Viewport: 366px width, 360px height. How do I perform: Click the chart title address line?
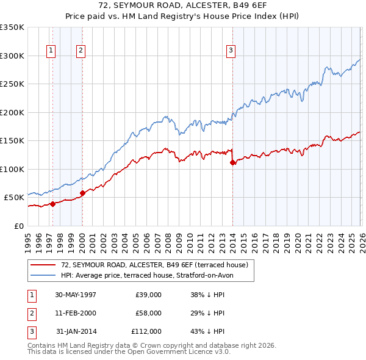point(183,5)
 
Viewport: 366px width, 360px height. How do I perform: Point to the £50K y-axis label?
point(15,198)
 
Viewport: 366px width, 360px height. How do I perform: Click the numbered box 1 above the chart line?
point(51,51)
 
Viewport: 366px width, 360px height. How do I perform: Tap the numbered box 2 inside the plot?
point(81,51)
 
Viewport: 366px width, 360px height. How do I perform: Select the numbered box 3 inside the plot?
point(231,51)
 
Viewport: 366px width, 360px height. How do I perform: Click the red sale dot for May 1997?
point(53,204)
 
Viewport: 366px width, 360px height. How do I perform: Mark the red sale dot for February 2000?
point(82,193)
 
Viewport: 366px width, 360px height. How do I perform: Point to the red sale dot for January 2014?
point(232,162)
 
